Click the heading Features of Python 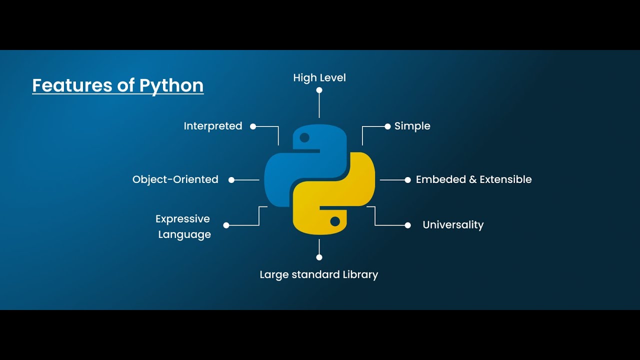coord(118,85)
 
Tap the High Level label coord(319,77)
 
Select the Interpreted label coord(213,126)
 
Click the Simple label coord(412,126)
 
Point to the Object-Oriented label coord(175,179)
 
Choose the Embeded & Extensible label coord(473,179)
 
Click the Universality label coord(453,225)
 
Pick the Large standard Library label coord(319,274)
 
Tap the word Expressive coord(182,219)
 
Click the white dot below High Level coord(319,90)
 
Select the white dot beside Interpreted coord(253,126)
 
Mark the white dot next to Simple coord(387,126)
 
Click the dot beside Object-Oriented coord(231,180)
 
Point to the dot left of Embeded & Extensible coord(407,180)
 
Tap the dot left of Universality coord(407,225)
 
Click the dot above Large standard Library coord(319,257)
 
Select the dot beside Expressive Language coord(226,225)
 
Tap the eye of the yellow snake coord(335,221)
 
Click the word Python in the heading coord(171,85)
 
